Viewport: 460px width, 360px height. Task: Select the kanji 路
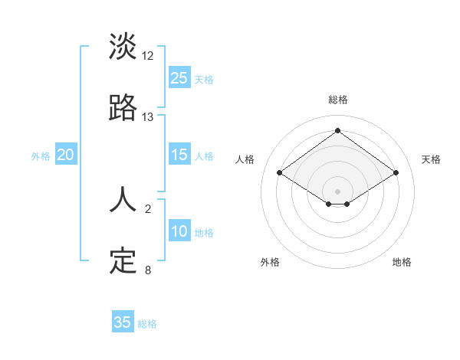[x=123, y=109]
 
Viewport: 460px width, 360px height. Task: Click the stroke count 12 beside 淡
[x=148, y=55]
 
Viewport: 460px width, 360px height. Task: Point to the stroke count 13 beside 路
[x=148, y=117]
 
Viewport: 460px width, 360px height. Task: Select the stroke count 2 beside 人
[x=148, y=208]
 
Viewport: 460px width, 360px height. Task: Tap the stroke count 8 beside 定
[x=148, y=270]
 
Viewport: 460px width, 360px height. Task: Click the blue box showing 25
[x=179, y=77]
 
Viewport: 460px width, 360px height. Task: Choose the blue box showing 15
[x=179, y=155]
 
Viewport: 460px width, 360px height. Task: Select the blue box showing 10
[x=179, y=231]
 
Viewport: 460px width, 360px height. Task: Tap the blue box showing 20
[x=66, y=155]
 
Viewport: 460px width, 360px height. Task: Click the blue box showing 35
[x=123, y=322]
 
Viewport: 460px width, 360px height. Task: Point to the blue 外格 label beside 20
[x=41, y=156]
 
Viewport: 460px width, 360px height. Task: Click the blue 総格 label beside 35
[x=147, y=324]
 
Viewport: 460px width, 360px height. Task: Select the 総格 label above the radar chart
[x=338, y=100]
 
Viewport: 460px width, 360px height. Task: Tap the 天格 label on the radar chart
[x=432, y=159]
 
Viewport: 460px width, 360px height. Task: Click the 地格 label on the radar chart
[x=402, y=262]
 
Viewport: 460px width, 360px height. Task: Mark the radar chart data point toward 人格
[x=280, y=173]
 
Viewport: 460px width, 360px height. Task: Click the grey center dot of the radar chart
[x=338, y=191]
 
